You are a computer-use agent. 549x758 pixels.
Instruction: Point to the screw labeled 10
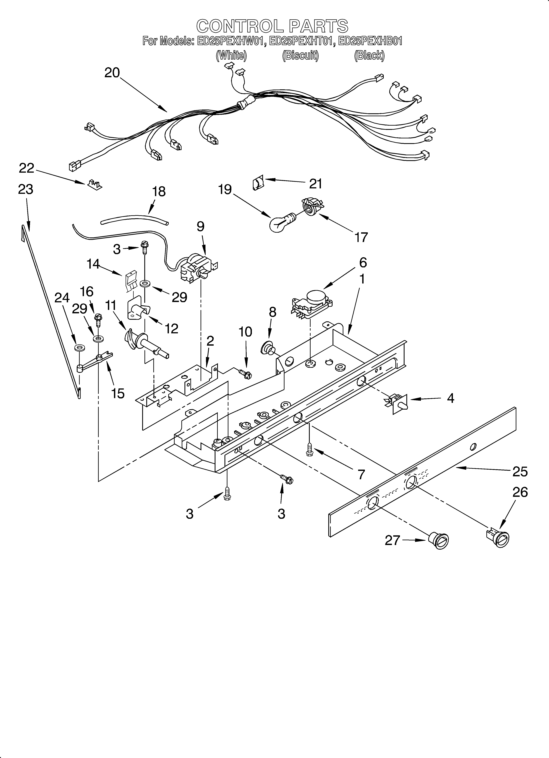click(245, 374)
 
